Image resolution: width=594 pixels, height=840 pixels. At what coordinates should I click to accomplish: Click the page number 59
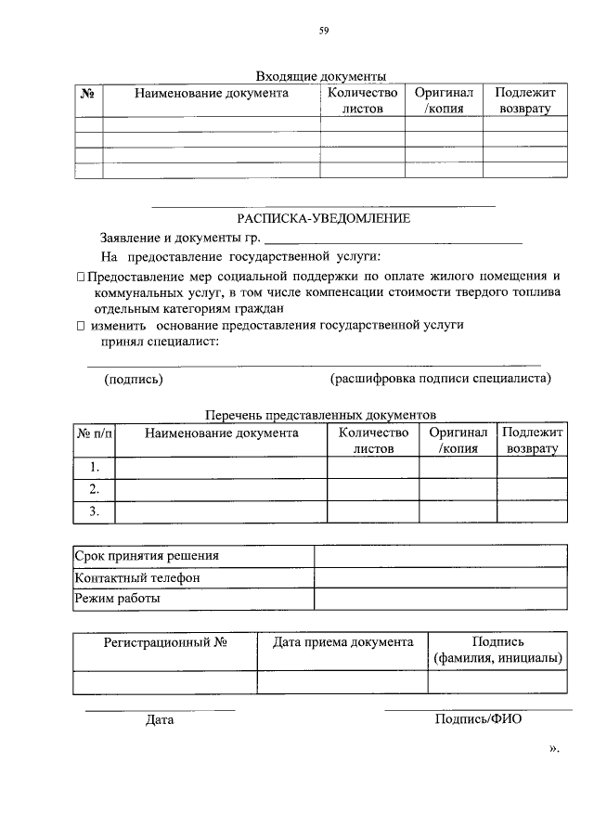tap(324, 31)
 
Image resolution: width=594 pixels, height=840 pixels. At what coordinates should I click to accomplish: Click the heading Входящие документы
tap(320, 76)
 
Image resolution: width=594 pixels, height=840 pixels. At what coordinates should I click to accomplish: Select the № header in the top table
tap(88, 93)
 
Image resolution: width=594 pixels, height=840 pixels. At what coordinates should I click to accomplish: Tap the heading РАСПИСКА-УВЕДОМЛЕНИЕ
tap(323, 217)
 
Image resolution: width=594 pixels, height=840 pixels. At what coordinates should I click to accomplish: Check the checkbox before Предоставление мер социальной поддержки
tap(81, 277)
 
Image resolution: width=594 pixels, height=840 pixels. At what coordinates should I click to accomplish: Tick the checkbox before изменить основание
tap(81, 326)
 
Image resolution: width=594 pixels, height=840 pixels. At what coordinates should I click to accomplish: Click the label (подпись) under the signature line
tap(134, 379)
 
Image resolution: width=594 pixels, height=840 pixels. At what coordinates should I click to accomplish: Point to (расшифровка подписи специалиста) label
tap(440, 379)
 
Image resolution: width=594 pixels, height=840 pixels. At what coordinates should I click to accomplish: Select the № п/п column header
tap(93, 433)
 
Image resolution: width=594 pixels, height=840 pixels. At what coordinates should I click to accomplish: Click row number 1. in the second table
tap(94, 467)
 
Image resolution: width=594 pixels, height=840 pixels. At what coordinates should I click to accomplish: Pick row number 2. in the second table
tap(94, 489)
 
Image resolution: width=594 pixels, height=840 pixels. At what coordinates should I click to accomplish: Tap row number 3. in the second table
tap(94, 511)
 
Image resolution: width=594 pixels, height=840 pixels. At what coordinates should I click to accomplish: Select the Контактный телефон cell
tap(136, 577)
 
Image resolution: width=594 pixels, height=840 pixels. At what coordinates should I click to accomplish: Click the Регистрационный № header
tap(165, 641)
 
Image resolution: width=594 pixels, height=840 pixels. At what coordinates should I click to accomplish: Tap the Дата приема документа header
tap(342, 641)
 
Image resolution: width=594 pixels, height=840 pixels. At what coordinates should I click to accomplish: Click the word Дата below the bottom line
tap(160, 719)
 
